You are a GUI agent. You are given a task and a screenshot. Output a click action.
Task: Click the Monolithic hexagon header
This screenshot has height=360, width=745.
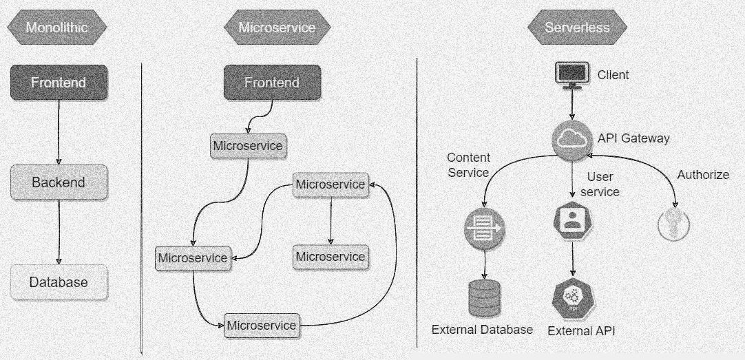(x=57, y=27)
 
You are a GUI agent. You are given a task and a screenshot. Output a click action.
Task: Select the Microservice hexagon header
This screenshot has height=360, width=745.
(x=277, y=27)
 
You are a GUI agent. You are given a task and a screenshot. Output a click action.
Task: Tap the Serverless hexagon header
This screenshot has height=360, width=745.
(x=577, y=27)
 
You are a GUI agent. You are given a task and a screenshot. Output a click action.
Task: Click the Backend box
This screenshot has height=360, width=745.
(x=59, y=182)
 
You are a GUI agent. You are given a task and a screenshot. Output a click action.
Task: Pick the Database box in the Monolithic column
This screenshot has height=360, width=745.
(x=59, y=282)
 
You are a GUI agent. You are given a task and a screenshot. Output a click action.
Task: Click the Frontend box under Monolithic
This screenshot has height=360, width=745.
(x=59, y=82)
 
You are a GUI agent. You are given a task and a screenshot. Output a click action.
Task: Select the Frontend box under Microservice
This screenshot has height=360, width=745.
(x=272, y=82)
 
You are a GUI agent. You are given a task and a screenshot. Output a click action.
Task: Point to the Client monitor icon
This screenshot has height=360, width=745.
(x=572, y=75)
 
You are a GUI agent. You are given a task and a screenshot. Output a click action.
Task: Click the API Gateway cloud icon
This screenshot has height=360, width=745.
(x=572, y=139)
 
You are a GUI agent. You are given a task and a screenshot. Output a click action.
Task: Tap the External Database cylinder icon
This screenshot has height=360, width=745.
(x=485, y=298)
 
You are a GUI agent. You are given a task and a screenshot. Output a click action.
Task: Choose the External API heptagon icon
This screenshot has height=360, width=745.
(x=573, y=299)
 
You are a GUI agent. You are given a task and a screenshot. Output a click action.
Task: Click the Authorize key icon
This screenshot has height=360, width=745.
(x=673, y=224)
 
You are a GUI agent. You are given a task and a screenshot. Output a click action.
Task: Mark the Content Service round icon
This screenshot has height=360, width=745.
(x=484, y=229)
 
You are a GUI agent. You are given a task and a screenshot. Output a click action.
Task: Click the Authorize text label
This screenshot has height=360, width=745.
(x=703, y=175)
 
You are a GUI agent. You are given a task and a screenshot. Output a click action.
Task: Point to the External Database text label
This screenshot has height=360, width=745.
(x=482, y=330)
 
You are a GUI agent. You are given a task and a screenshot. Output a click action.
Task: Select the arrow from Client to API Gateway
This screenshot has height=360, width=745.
(x=572, y=105)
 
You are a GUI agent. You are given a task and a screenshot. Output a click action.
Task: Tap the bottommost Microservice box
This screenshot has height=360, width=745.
(x=262, y=326)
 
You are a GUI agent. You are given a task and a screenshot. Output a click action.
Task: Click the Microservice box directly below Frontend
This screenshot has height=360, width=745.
(x=248, y=146)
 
